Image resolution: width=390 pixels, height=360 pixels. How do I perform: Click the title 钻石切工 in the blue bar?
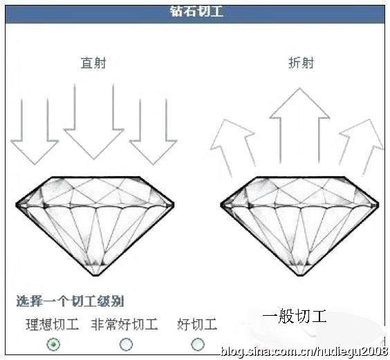point(196,12)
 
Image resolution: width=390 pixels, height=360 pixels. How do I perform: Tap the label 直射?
point(93,63)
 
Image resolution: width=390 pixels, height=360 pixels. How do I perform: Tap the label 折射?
point(301,63)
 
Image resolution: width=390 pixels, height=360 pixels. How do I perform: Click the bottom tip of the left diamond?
point(95,276)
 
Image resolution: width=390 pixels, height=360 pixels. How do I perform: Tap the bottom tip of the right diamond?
point(301,276)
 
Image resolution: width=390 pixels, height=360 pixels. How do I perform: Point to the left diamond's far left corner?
point(17,205)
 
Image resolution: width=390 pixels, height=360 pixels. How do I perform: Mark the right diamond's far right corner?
point(378,205)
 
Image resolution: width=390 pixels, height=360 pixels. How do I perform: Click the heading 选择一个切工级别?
point(70,301)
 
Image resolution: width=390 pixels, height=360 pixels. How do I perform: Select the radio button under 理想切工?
point(53,344)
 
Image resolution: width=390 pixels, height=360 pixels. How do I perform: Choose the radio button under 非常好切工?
point(126,344)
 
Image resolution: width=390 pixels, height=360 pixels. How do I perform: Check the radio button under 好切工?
point(198,344)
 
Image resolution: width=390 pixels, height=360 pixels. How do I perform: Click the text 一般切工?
point(295,316)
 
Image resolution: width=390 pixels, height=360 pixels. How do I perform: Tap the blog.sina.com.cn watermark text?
point(304,352)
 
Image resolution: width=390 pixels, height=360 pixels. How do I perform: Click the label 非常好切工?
point(124,324)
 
